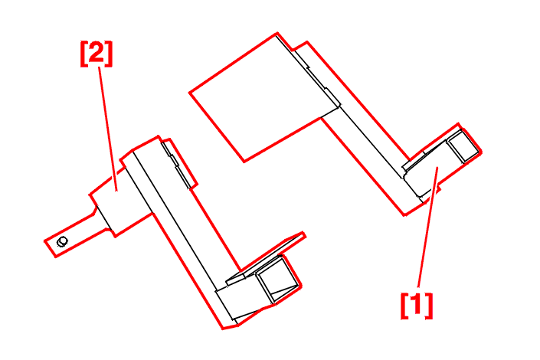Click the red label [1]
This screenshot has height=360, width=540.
click(417, 306)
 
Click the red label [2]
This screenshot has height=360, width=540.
click(97, 54)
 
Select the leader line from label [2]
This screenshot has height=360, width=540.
click(108, 129)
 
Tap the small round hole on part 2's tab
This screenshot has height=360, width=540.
click(62, 241)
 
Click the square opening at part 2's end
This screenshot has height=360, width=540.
click(277, 280)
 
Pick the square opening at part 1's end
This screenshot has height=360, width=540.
click(463, 146)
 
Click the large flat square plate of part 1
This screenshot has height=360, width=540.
click(263, 97)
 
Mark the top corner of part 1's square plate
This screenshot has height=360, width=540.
click(277, 34)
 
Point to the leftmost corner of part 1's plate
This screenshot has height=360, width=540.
click(190, 93)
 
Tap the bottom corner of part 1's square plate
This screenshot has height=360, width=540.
click(244, 161)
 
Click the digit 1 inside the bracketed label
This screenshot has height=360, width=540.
click(417, 306)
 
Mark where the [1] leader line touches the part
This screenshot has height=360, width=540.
click(437, 168)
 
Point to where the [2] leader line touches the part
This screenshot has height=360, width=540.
click(116, 190)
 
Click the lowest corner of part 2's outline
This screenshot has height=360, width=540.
click(223, 329)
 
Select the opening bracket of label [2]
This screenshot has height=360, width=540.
click(83, 54)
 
